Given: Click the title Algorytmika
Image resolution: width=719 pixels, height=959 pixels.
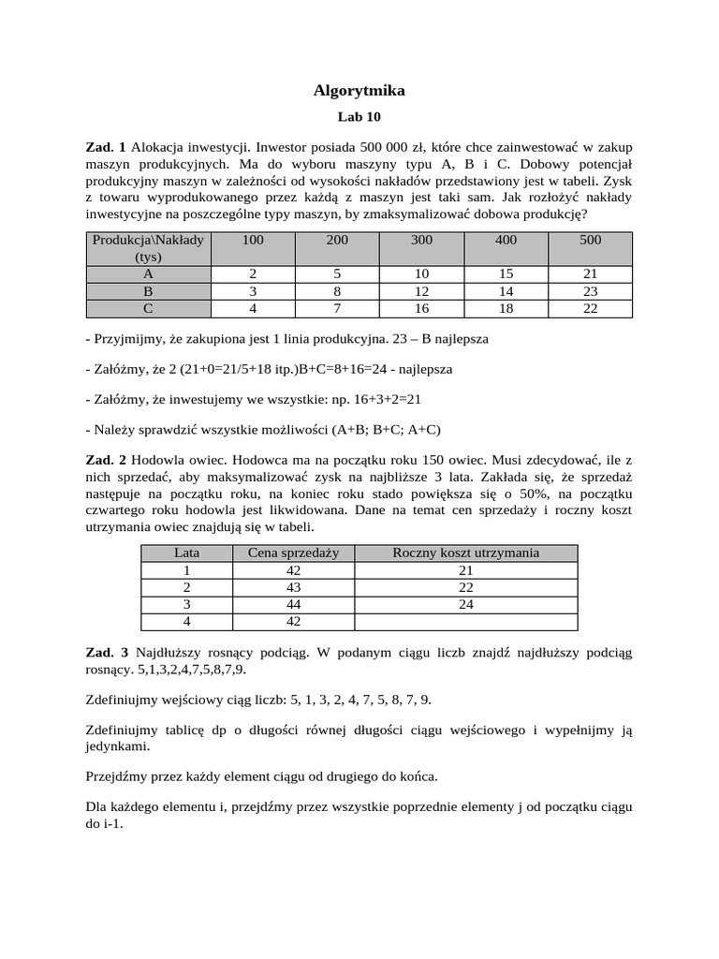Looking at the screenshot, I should click(x=359, y=91).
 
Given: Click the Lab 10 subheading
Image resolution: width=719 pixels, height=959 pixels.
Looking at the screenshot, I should click(x=359, y=118).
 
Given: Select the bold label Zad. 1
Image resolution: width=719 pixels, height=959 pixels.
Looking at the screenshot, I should click(x=105, y=147).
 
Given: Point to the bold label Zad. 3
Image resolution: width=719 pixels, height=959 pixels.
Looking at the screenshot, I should click(x=106, y=652).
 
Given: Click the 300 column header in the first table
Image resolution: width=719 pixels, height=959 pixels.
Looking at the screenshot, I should click(x=421, y=241).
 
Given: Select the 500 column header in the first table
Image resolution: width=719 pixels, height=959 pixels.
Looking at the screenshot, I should click(x=590, y=241).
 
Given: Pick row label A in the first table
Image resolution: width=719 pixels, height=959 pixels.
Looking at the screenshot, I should click(x=148, y=274).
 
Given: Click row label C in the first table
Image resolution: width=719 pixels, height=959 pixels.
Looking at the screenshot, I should click(x=148, y=308).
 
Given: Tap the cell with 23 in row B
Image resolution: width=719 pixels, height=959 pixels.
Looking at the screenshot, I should click(x=590, y=291).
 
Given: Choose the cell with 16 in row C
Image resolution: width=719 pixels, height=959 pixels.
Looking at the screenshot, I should click(x=421, y=308).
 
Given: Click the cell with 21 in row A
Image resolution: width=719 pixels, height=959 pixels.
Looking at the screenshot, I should click(x=590, y=274).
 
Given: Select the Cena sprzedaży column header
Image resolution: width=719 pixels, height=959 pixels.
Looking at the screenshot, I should click(x=292, y=553).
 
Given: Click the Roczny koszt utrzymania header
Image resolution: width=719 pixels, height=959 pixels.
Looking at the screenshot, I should click(x=466, y=553).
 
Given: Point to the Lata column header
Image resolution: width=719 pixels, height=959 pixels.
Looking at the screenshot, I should click(x=187, y=553).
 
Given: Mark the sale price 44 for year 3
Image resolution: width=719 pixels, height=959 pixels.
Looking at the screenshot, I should click(x=292, y=603).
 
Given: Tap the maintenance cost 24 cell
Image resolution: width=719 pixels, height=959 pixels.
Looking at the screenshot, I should click(x=466, y=603).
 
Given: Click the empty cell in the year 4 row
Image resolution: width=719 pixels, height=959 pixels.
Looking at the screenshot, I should click(x=466, y=620).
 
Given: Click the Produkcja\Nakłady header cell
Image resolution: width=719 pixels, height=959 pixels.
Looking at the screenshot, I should click(x=148, y=248).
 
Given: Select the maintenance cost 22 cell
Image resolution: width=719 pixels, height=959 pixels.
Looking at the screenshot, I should click(x=466, y=586).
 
